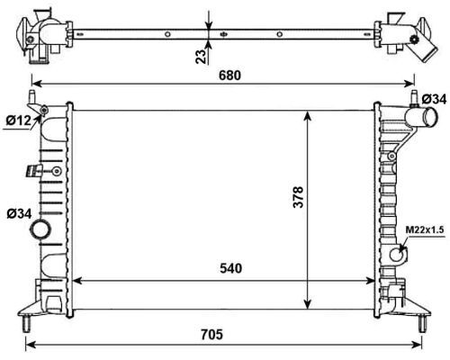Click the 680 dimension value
(x=230, y=77)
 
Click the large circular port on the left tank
(x=41, y=231)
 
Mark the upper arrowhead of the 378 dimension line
(x=310, y=114)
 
